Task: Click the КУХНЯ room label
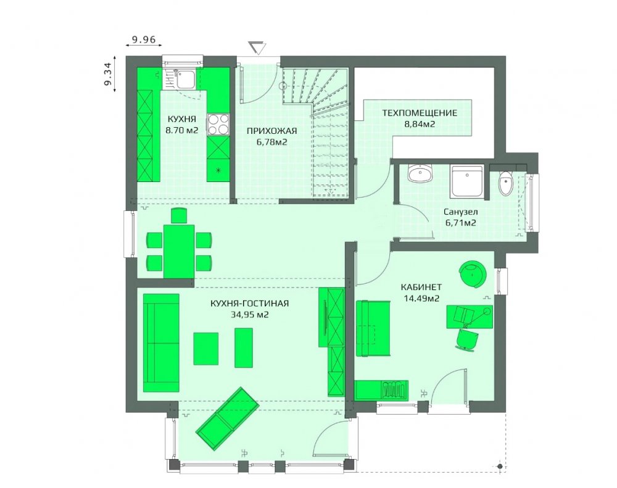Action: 182,119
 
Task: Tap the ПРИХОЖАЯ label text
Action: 271,131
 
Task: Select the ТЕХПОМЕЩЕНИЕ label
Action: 420,114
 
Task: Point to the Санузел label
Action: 461,212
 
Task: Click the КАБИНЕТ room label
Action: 421,287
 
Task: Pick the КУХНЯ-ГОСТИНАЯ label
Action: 249,304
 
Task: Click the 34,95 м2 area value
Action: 250,315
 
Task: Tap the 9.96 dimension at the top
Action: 144,39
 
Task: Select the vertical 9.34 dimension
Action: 108,73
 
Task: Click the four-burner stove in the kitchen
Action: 218,125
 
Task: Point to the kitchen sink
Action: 184,79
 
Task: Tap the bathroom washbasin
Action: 420,173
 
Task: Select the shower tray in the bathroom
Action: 467,181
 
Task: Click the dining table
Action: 179,251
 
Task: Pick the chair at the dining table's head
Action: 179,216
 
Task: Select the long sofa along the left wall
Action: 161,343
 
